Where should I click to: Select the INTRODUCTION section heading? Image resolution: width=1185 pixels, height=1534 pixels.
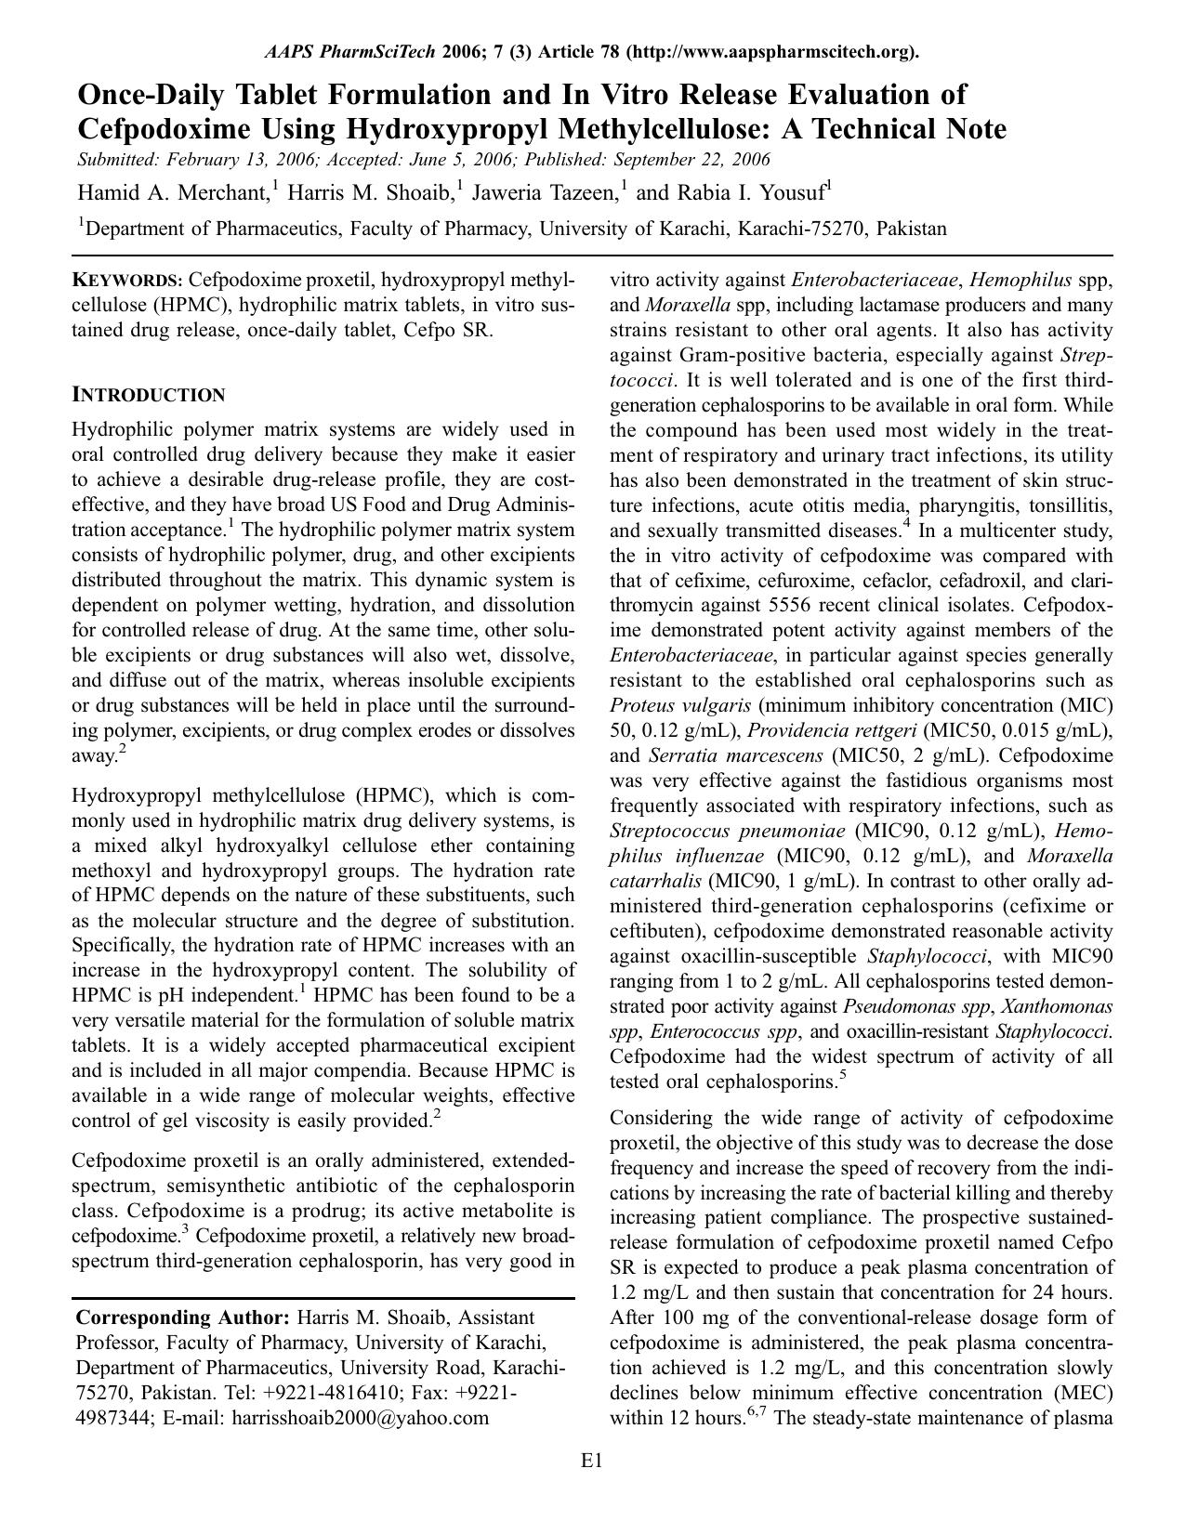click(149, 395)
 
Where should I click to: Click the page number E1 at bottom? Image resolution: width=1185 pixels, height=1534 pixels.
click(592, 1462)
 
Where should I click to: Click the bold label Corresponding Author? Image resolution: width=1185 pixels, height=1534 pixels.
click(183, 1318)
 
